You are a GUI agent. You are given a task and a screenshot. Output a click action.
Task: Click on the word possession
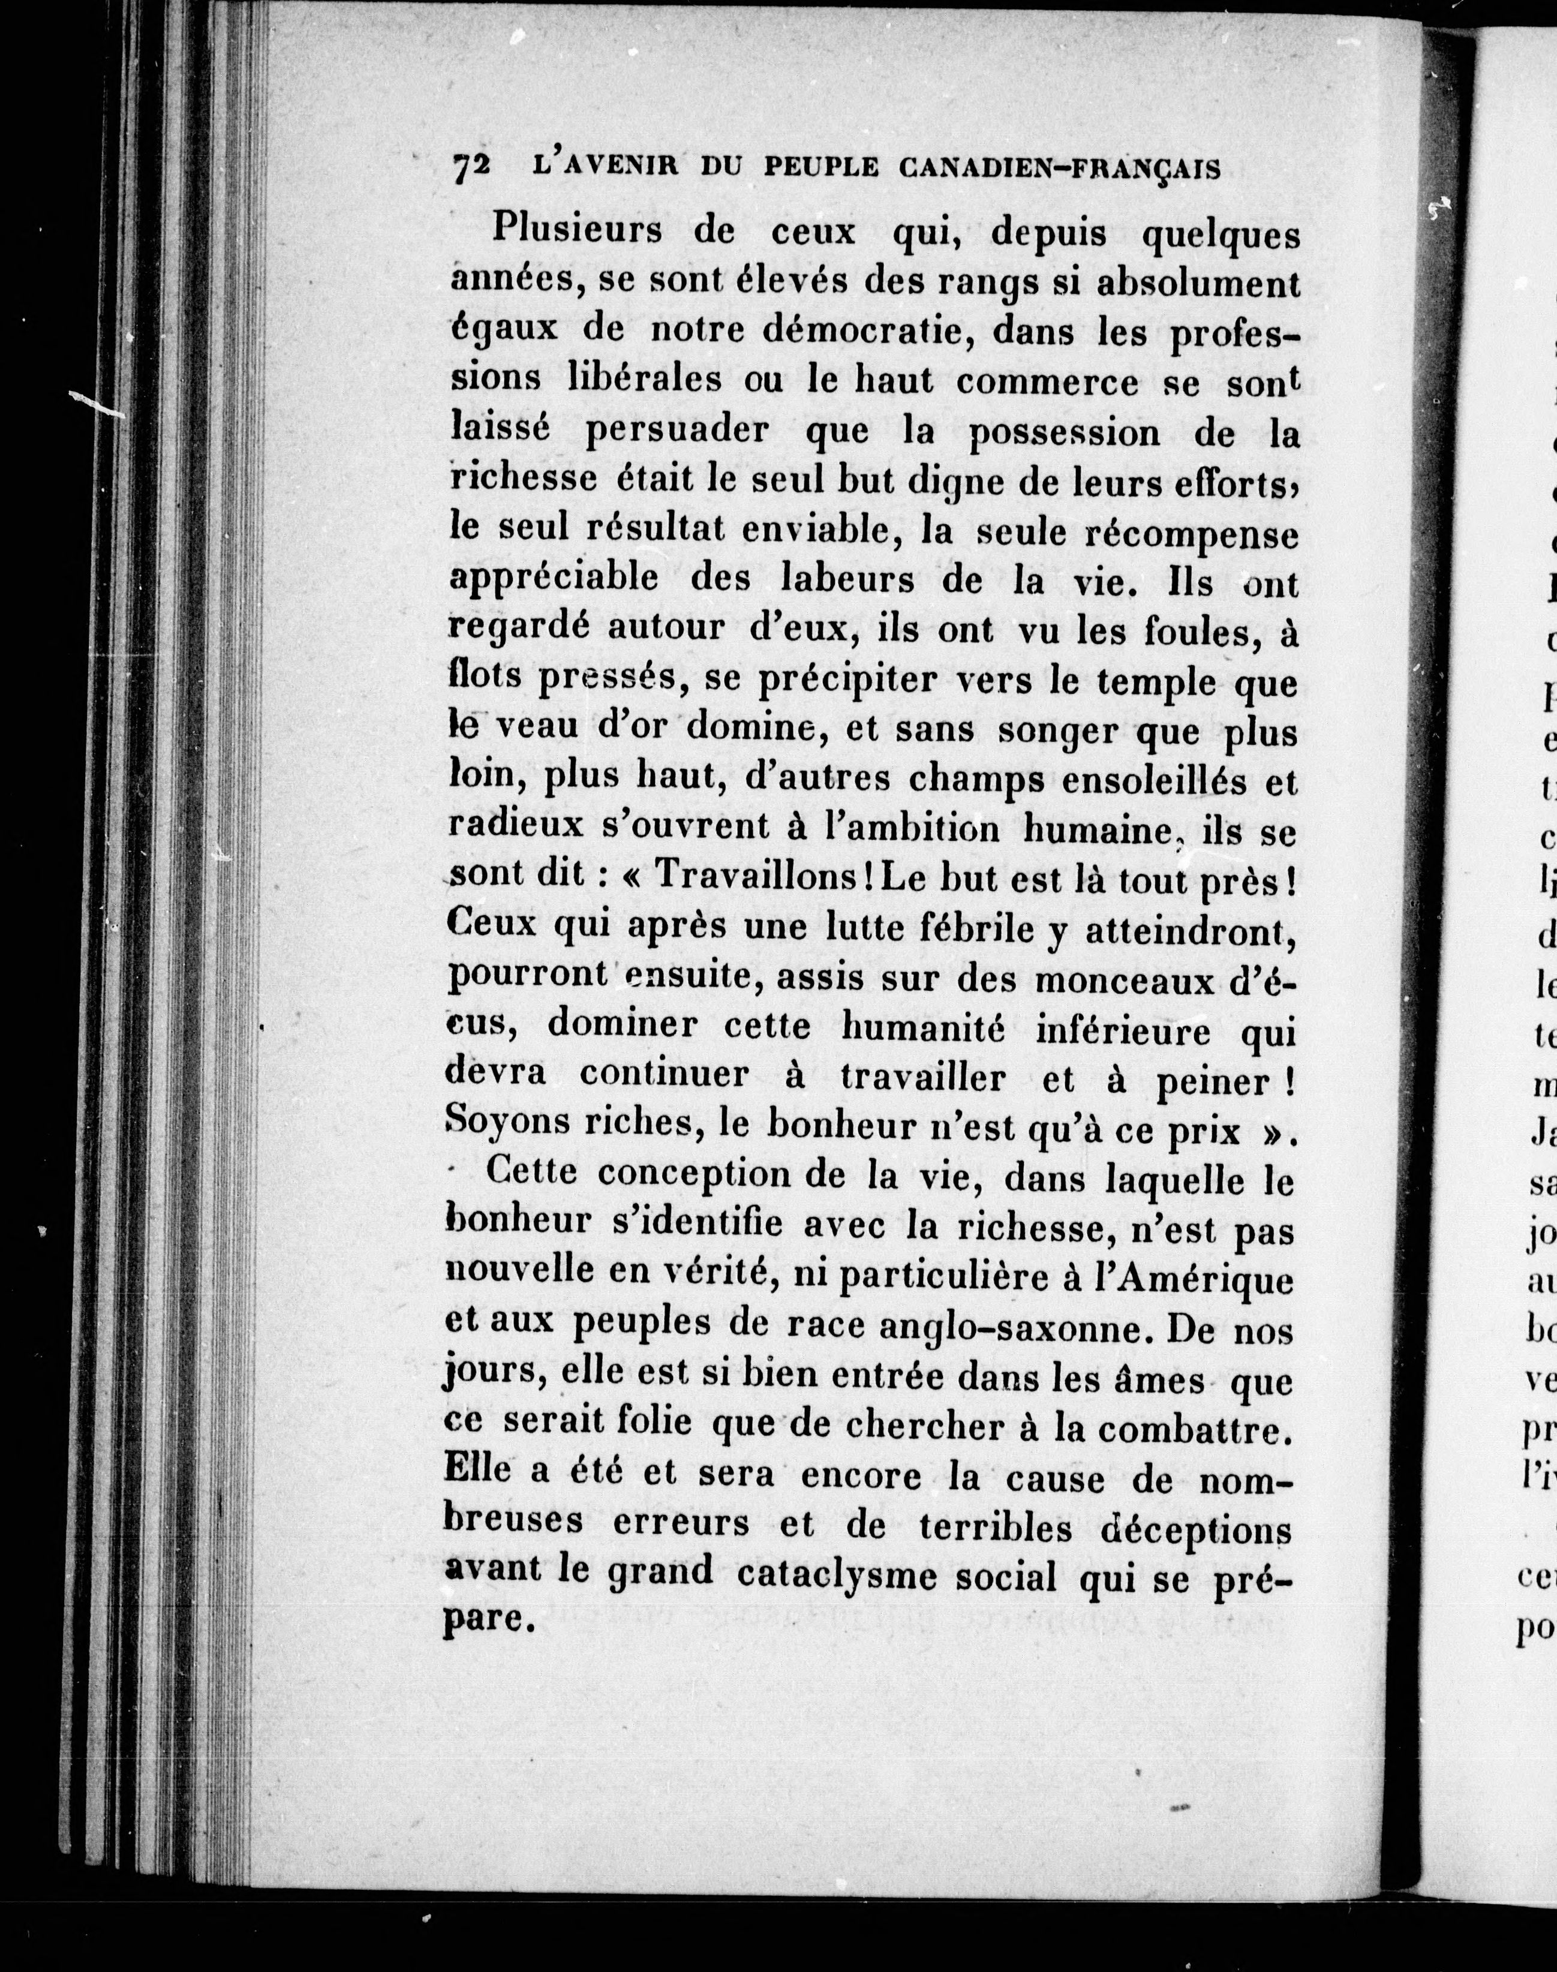pos(1064,434)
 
